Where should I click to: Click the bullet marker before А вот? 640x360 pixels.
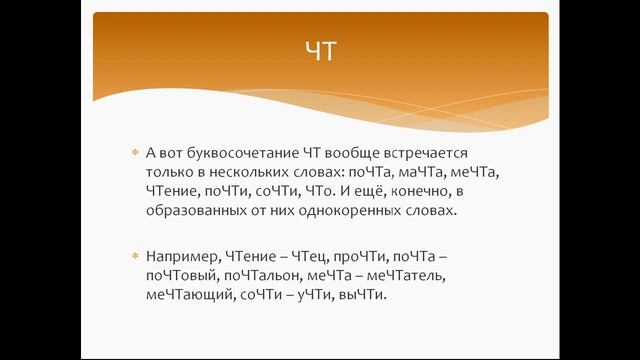[x=134, y=152]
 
